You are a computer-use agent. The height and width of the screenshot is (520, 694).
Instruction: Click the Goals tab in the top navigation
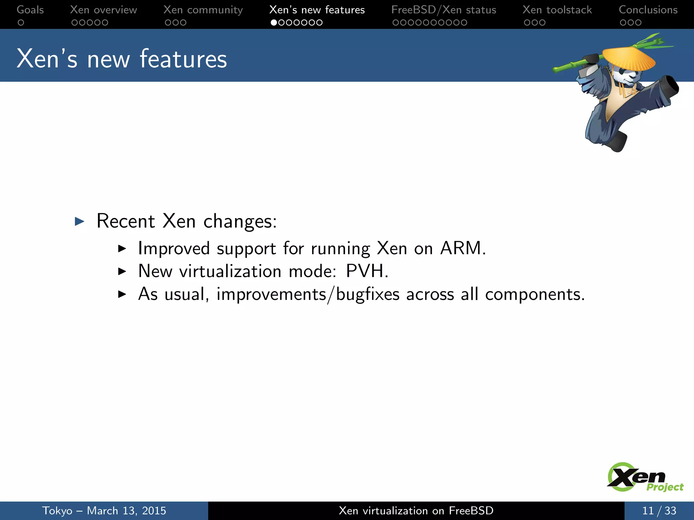click(x=30, y=10)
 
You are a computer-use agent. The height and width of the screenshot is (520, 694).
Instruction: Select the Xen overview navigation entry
click(x=103, y=10)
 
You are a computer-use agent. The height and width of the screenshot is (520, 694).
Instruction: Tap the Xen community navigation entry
click(x=203, y=10)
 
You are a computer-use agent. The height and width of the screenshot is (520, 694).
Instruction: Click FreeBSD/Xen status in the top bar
click(x=444, y=10)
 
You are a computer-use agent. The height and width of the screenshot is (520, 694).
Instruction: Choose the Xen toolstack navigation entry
click(x=557, y=10)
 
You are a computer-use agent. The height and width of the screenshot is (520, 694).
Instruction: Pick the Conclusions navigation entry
click(x=648, y=10)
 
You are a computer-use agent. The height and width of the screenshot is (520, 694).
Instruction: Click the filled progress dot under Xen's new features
click(x=274, y=23)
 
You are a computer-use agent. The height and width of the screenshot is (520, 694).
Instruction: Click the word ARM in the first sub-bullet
click(x=461, y=248)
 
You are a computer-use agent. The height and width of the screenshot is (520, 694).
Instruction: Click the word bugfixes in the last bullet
click(x=368, y=294)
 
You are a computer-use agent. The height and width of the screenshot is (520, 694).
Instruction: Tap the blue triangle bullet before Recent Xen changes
click(x=80, y=222)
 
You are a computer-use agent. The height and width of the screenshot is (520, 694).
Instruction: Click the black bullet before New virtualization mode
click(x=122, y=272)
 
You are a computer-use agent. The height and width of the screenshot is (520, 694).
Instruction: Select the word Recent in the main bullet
click(x=126, y=221)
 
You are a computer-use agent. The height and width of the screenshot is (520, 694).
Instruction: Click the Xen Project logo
click(x=644, y=477)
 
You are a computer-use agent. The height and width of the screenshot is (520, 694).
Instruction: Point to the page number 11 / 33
click(x=659, y=511)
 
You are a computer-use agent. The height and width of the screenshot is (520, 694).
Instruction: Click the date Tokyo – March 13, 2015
click(x=104, y=511)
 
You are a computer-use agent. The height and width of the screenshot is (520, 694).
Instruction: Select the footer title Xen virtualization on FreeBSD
click(x=416, y=511)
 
